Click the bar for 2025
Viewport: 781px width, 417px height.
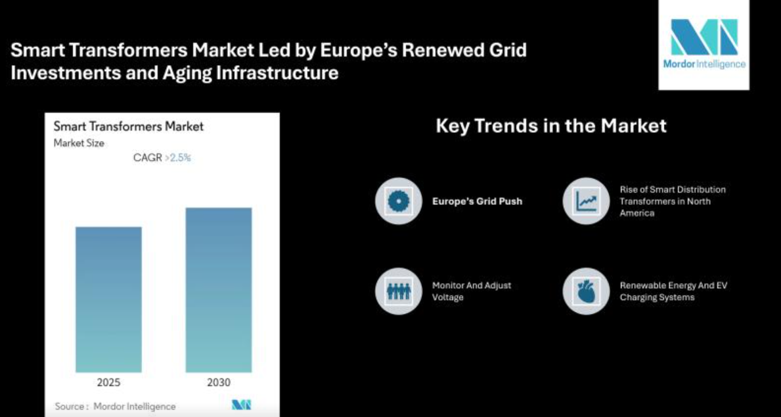tap(108, 299)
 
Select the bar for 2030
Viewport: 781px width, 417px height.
tap(219, 290)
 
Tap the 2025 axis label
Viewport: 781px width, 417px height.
tap(108, 383)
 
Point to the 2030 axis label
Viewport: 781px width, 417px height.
tap(219, 383)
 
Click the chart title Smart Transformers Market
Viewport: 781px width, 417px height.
tap(129, 127)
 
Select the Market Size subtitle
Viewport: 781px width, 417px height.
tap(79, 143)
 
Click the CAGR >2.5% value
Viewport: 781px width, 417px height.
tap(162, 158)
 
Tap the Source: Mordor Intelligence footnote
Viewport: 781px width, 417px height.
tap(115, 406)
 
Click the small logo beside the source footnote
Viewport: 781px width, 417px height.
tap(242, 405)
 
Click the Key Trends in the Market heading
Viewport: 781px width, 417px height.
tap(551, 126)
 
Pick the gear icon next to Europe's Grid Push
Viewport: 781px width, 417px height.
tap(399, 201)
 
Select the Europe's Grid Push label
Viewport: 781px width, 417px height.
tap(477, 201)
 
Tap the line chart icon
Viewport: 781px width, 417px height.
tap(587, 201)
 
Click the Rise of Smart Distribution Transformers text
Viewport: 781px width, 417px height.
tap(673, 201)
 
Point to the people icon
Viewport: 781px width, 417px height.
tap(399, 291)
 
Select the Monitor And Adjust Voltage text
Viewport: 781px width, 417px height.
tap(471, 291)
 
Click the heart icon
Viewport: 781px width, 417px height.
tap(587, 291)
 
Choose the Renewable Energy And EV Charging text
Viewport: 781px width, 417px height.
tap(673, 291)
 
